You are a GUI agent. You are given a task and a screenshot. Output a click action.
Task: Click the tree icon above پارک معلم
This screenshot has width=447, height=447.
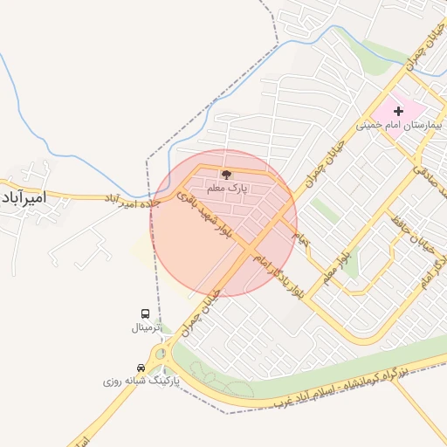(x=227, y=175)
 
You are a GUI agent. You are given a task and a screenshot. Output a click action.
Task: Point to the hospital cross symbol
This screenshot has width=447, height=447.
(x=399, y=111)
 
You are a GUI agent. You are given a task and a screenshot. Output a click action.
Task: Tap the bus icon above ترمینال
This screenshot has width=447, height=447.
(x=145, y=314)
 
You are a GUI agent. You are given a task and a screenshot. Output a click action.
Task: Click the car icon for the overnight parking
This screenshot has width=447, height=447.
(x=141, y=368)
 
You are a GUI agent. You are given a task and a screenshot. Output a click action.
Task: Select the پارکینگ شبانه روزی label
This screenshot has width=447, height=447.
(x=140, y=382)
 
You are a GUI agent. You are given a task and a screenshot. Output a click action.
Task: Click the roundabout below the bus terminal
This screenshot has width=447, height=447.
(x=161, y=355)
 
